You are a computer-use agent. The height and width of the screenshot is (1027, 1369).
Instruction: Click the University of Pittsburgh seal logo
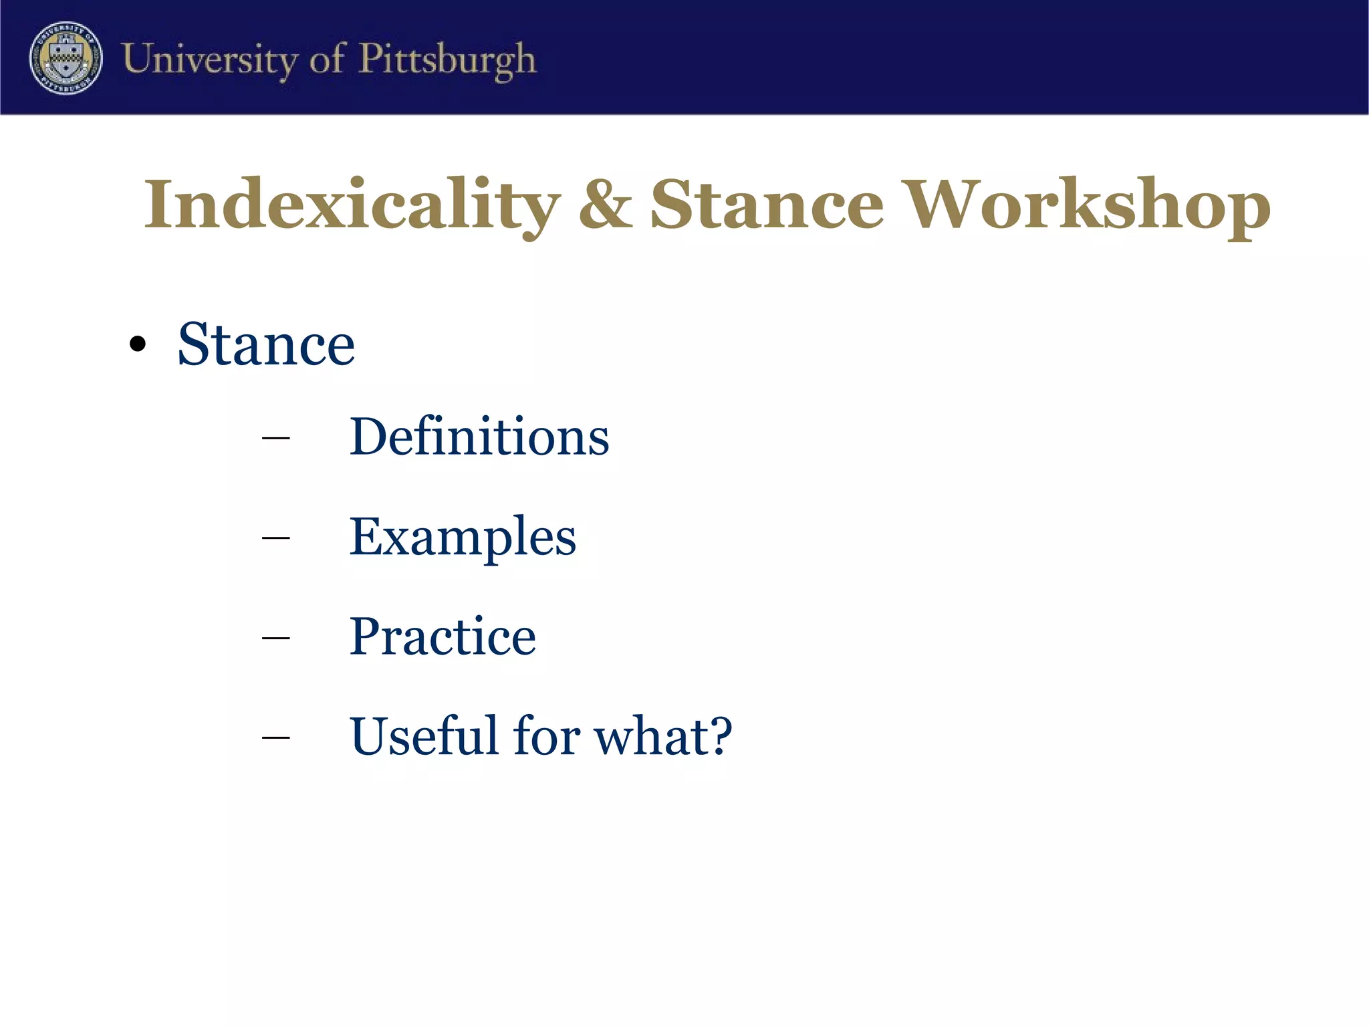coord(66,58)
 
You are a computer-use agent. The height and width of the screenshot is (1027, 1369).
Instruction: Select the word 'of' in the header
coord(327,59)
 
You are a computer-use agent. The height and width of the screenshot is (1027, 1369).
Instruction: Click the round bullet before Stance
coord(138,344)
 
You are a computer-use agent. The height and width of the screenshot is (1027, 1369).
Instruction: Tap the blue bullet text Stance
coord(266,344)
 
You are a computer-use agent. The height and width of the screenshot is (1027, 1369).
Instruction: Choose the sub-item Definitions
coord(479,437)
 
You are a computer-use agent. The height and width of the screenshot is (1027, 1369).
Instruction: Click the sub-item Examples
coord(463,537)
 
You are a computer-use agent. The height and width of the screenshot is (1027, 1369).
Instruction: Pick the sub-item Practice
coord(443,636)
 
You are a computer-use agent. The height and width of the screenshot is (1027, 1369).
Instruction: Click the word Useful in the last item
coord(424,735)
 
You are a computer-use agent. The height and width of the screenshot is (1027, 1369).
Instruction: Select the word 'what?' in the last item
coord(663,735)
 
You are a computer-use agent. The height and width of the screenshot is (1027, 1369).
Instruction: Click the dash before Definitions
coord(276,439)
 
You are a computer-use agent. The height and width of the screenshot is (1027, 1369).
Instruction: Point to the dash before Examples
coord(276,538)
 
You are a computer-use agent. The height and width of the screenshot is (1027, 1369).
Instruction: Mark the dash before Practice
coord(276,638)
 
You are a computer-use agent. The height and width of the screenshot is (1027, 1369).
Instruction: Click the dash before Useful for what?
coord(276,737)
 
